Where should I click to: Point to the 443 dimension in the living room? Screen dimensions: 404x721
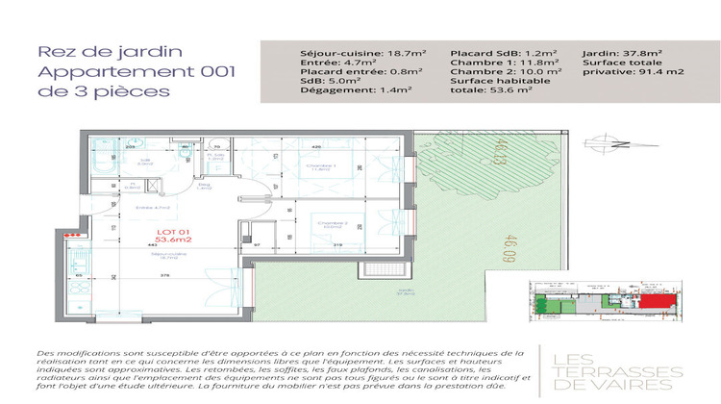pyautogui.click(x=125, y=244)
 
